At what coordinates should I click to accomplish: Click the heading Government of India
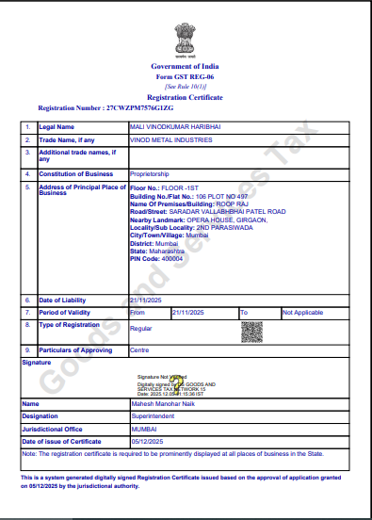[186, 69]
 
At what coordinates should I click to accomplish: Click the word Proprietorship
[152, 174]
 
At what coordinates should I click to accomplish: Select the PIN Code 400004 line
[151, 258]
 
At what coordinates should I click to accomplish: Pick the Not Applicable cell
[302, 312]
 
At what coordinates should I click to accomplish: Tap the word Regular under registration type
[140, 329]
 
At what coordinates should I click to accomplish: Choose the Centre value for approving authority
[138, 349]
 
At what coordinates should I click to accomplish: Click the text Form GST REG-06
[186, 78]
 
